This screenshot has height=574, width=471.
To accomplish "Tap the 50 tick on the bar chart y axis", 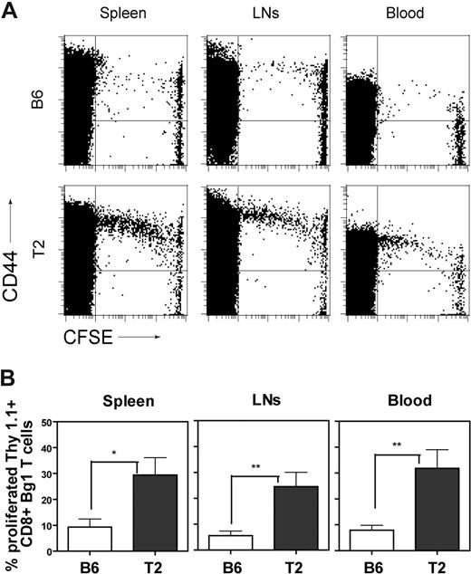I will tap(47, 422).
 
